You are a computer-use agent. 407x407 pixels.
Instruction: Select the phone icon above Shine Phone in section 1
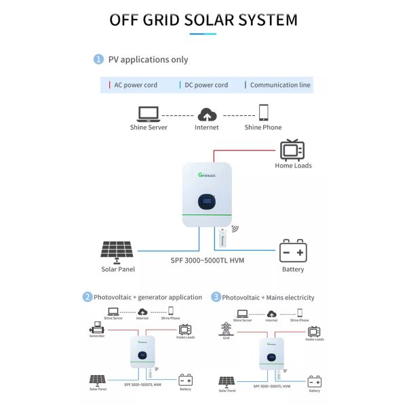(x=263, y=112)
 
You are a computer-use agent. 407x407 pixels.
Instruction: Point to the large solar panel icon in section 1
(x=117, y=250)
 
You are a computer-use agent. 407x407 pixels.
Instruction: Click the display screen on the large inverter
(x=208, y=201)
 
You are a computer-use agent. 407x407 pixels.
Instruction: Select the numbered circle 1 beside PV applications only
(x=98, y=60)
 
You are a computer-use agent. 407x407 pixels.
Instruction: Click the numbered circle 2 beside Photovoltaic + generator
(x=88, y=297)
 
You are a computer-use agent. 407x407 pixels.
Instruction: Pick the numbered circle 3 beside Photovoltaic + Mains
(x=216, y=297)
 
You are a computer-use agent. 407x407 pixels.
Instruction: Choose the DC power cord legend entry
(x=203, y=85)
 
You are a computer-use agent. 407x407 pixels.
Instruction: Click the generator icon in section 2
(x=96, y=326)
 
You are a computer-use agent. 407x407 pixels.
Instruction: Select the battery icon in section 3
(x=314, y=382)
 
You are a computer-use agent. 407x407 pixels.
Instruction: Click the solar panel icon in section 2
(x=96, y=381)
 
